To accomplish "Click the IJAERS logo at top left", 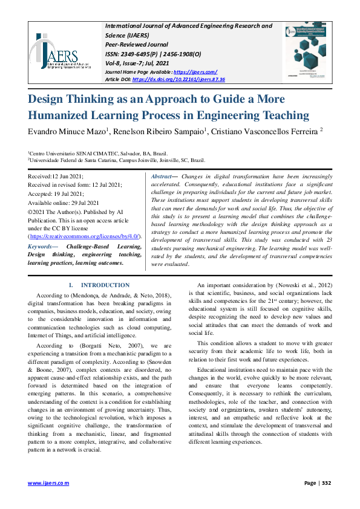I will click(57, 51).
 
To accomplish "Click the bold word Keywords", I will click(42, 247).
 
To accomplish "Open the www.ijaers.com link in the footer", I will click(49, 483).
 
